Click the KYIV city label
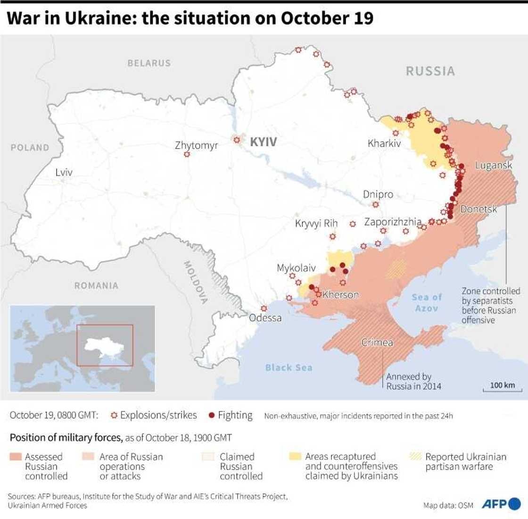tap(263, 142)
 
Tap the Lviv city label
tap(64, 172)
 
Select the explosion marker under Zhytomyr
tap(187, 154)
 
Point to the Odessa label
tap(265, 318)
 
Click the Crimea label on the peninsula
tap(377, 343)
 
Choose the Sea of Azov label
tap(427, 302)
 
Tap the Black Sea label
tap(289, 368)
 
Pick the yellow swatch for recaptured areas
tap(296, 457)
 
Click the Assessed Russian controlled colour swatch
tap(16, 457)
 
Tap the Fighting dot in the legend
tap(212, 416)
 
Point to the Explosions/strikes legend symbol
tap(114, 416)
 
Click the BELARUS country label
tap(149, 63)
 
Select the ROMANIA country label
tap(96, 285)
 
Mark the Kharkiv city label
tap(384, 143)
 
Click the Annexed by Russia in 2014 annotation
tap(413, 381)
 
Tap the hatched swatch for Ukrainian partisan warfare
tap(415, 457)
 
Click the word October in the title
tap(312, 18)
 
